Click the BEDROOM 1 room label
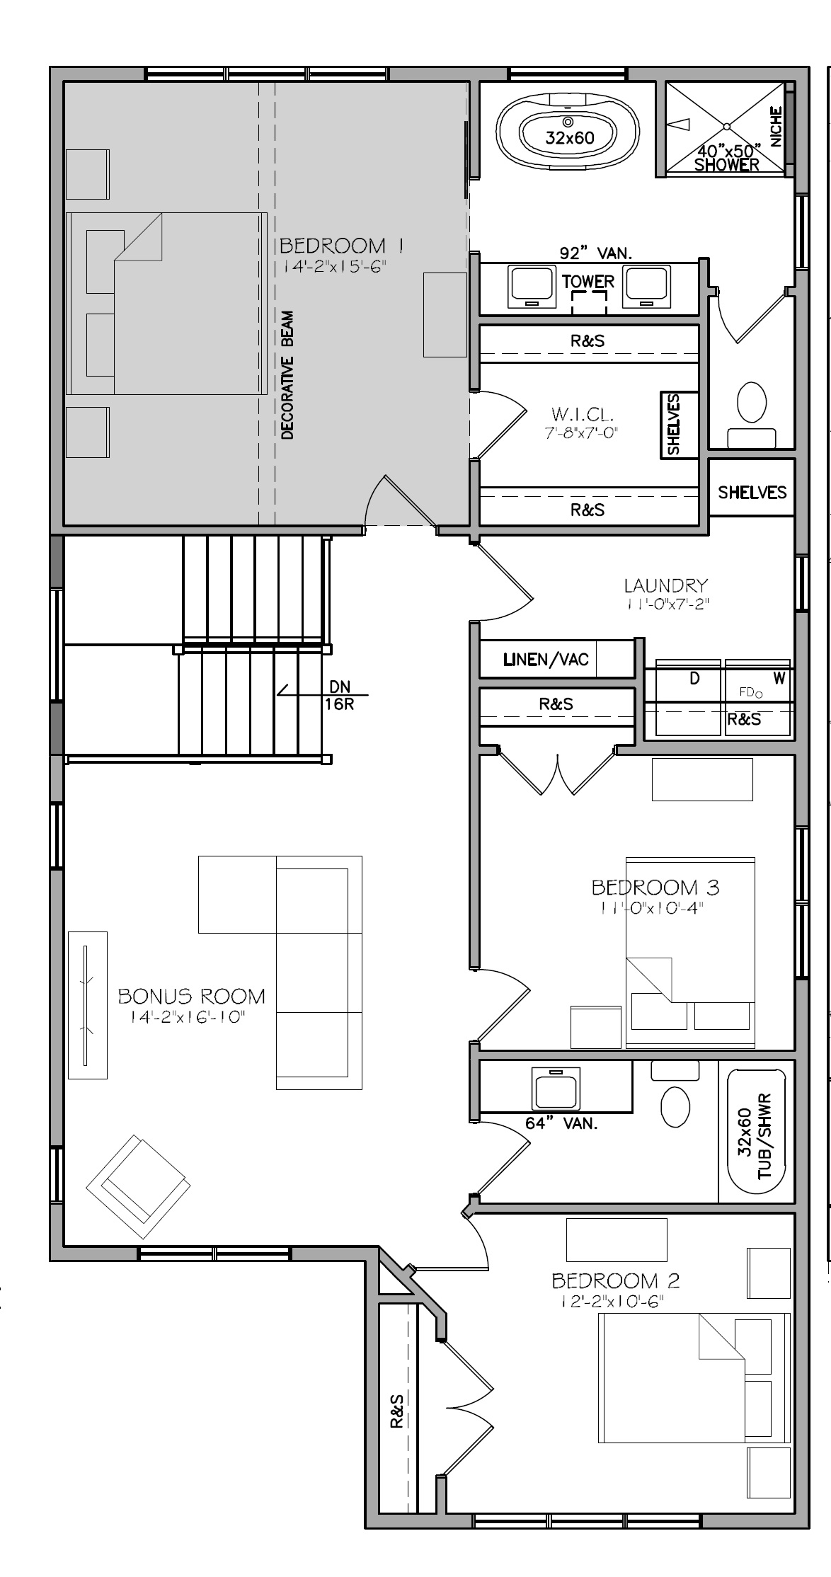point(343,246)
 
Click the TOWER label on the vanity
point(588,281)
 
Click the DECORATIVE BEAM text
point(287,375)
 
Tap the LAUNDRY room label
point(665,585)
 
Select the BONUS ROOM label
point(191,996)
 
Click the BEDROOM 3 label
point(655,887)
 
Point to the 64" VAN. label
point(561,1123)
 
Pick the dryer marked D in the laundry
point(687,698)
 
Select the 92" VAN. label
point(596,253)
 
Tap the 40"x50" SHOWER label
point(727,158)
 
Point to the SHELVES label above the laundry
point(752,492)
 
